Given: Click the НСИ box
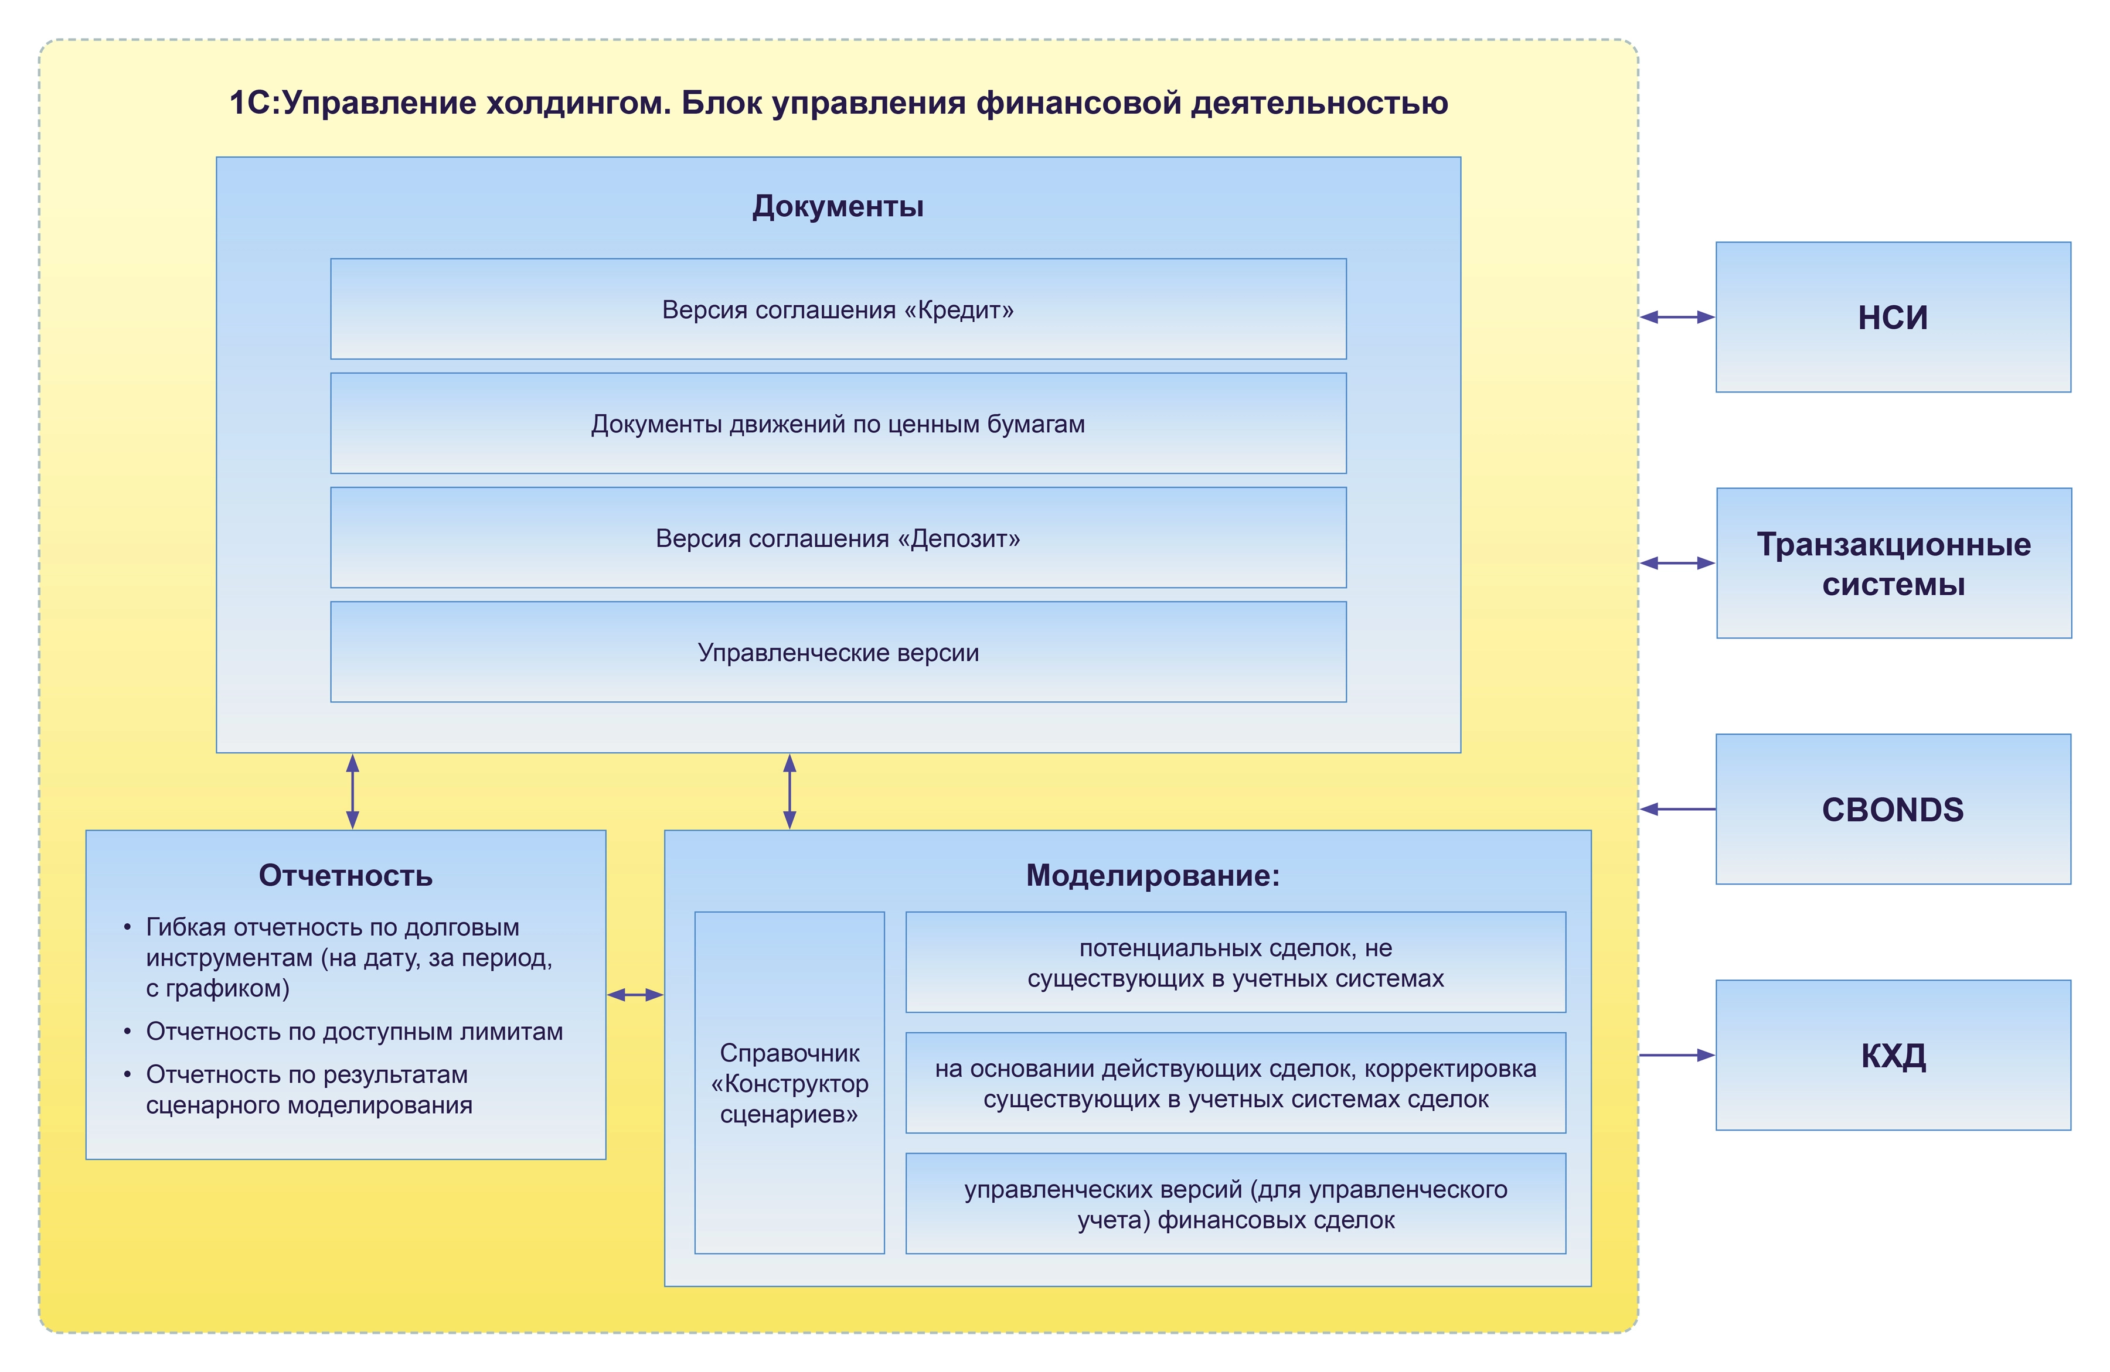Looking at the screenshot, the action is (1893, 316).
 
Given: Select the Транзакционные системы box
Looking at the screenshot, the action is (1894, 563).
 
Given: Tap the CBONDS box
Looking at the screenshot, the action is (1893, 809).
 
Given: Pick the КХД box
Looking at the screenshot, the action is (1893, 1054).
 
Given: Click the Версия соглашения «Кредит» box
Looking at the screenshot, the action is (838, 308).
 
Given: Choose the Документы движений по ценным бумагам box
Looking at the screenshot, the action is (838, 423).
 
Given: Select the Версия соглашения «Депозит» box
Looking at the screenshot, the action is (838, 537).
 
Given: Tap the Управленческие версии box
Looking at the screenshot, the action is (838, 651).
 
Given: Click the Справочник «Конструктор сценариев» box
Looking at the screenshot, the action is (789, 1082).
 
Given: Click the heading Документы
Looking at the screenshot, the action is (838, 206).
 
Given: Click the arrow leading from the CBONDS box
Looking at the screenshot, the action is (1677, 808).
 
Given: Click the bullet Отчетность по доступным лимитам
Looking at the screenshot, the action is (354, 1031).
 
